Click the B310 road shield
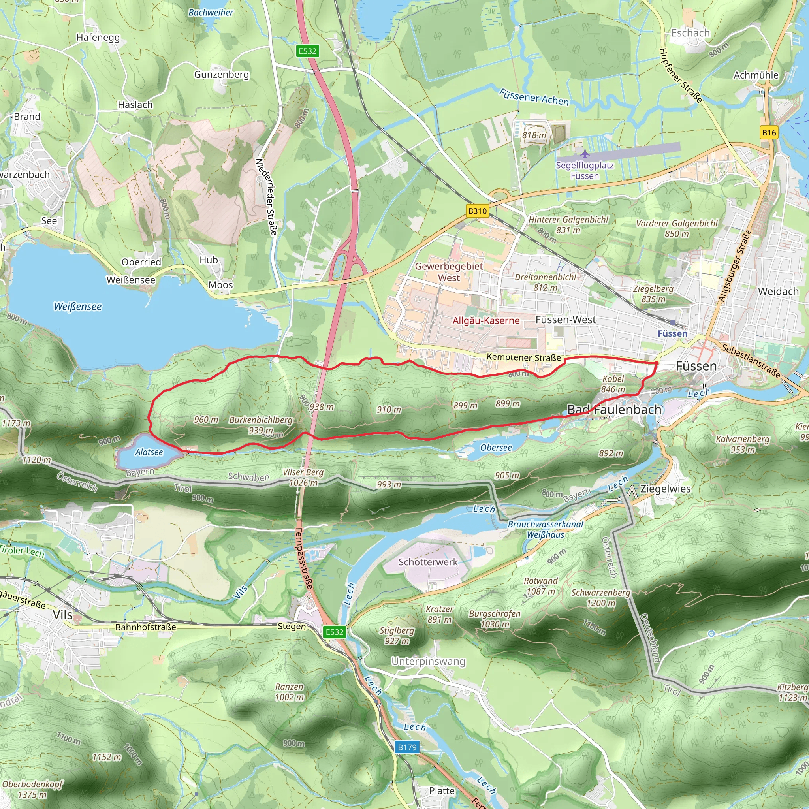point(477,211)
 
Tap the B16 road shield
point(769,133)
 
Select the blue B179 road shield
point(407,747)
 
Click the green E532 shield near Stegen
point(334,632)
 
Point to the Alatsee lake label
point(149,452)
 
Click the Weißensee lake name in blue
point(78,307)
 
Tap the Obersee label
point(496,448)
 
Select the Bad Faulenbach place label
point(614,410)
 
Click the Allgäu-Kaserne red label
point(486,321)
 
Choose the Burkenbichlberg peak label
point(260,420)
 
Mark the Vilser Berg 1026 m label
point(303,477)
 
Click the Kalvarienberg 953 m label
point(742,444)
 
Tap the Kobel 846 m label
point(613,384)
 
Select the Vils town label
point(63,615)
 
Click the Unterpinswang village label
point(428,662)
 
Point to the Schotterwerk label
point(428,562)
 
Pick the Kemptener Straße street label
point(523,357)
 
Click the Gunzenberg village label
point(222,75)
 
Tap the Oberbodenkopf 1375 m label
point(32,789)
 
